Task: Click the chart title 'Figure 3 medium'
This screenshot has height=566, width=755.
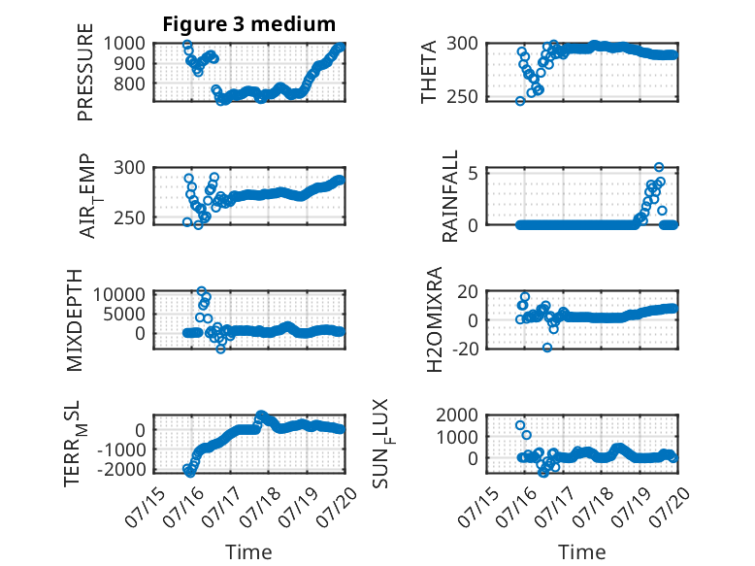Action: (x=249, y=24)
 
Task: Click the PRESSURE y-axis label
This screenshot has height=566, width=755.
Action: (x=84, y=72)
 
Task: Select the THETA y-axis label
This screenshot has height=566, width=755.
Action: (x=428, y=72)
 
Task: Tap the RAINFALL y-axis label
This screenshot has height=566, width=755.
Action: (x=449, y=196)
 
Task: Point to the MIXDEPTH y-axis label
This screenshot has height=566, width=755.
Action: (x=74, y=320)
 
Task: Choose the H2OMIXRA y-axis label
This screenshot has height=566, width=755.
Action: (x=434, y=319)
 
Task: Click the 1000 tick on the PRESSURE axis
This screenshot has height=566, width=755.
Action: (x=124, y=44)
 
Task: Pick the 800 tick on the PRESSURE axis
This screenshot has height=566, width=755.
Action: (x=129, y=83)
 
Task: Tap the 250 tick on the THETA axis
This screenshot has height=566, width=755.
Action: (x=462, y=97)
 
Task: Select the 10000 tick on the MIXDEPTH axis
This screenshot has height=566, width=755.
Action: (x=119, y=294)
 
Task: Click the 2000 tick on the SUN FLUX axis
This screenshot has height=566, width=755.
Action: (x=457, y=415)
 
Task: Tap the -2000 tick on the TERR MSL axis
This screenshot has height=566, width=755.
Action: (x=121, y=469)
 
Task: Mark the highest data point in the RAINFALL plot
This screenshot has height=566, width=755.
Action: (x=659, y=167)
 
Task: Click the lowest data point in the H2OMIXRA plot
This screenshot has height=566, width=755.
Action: (x=547, y=348)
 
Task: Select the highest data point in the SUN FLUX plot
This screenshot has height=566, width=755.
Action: (x=520, y=425)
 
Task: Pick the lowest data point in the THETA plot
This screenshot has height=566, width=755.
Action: (x=520, y=101)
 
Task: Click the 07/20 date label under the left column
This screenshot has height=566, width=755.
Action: (x=338, y=506)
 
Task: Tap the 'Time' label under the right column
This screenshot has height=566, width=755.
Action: (x=581, y=552)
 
